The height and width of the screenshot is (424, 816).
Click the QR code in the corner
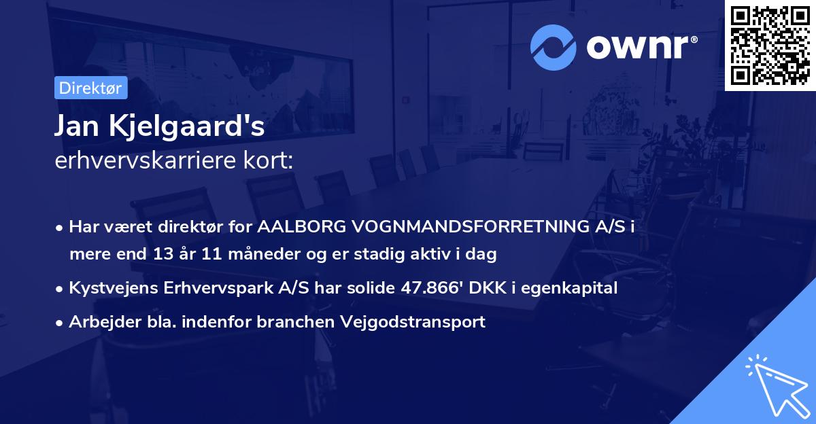click(769, 45)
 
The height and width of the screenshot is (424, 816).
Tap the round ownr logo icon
click(554, 47)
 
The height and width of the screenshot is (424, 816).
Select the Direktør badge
click(90, 88)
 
